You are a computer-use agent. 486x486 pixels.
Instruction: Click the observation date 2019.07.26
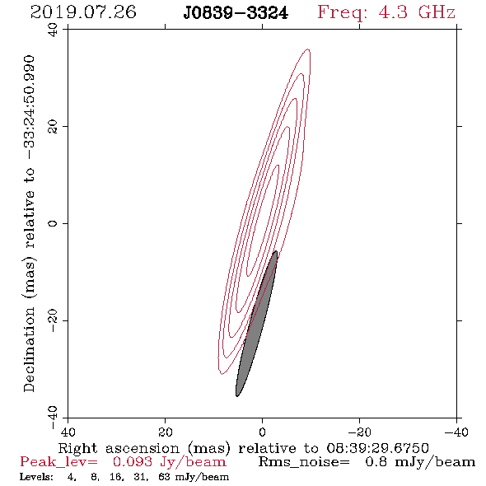coord(83,12)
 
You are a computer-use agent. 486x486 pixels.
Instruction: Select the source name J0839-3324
coord(236,13)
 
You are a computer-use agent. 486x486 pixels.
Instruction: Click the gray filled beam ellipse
coord(256,324)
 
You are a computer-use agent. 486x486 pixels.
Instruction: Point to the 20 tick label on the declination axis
coord(53,127)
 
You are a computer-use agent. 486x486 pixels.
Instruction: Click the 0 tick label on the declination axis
coord(53,223)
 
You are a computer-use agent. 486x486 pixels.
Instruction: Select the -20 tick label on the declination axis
coord(53,320)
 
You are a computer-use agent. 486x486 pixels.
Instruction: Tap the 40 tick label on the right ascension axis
coord(68,432)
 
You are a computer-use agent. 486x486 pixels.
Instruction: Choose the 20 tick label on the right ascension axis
coord(165,432)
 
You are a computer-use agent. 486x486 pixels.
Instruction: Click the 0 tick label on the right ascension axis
coord(262,432)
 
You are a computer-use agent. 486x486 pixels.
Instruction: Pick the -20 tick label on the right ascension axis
coord(359,432)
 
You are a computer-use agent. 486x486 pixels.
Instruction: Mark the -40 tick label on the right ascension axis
coord(456,432)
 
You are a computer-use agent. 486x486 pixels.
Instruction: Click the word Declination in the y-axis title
coord(29,349)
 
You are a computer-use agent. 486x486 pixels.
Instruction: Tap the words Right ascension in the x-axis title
coord(119,448)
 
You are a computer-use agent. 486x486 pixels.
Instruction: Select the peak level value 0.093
coord(133,462)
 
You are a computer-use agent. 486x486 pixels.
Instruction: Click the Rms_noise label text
coord(304,462)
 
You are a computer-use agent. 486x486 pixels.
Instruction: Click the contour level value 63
coord(164,477)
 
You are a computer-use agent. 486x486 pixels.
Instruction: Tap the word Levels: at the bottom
coord(36,477)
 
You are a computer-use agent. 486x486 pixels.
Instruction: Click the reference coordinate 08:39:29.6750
coord(377,448)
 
